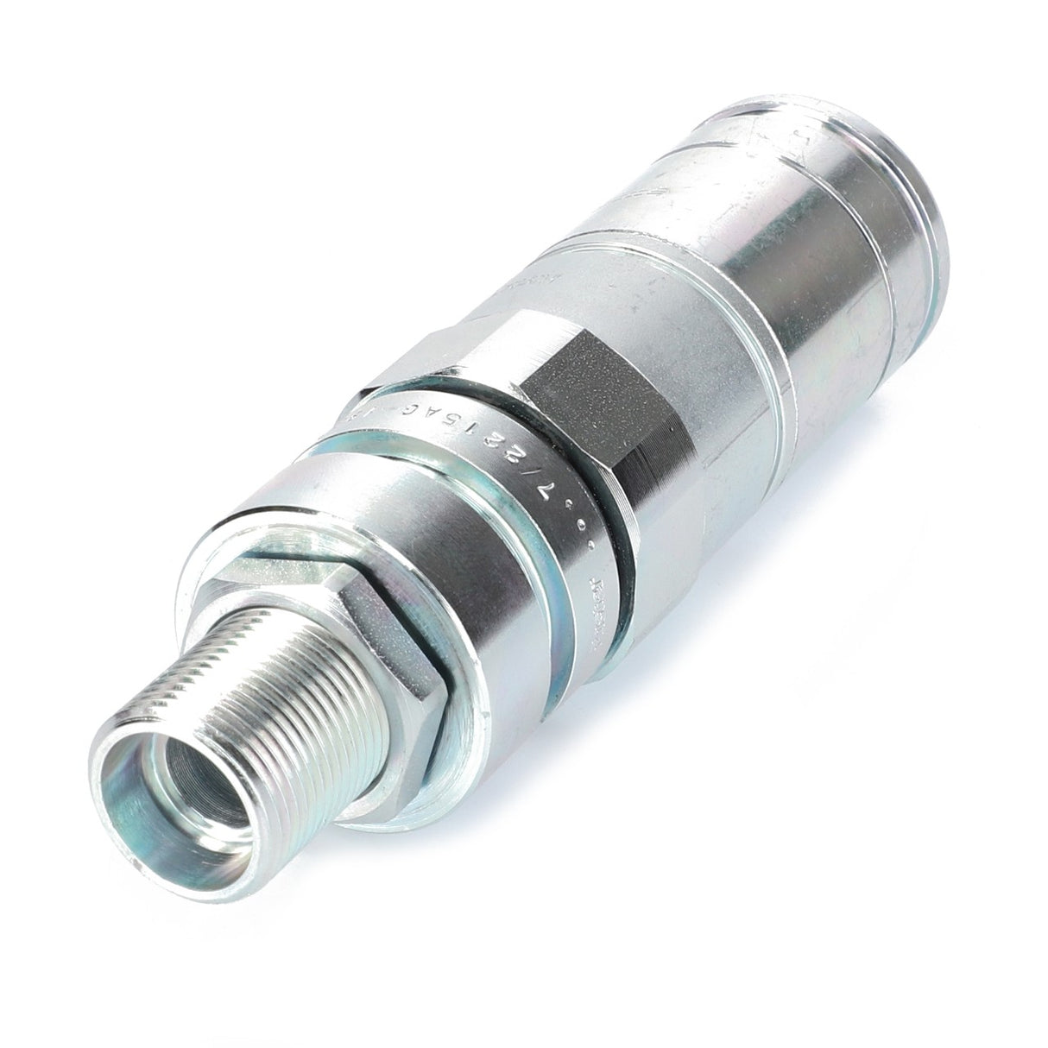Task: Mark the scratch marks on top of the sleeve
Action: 691,173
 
